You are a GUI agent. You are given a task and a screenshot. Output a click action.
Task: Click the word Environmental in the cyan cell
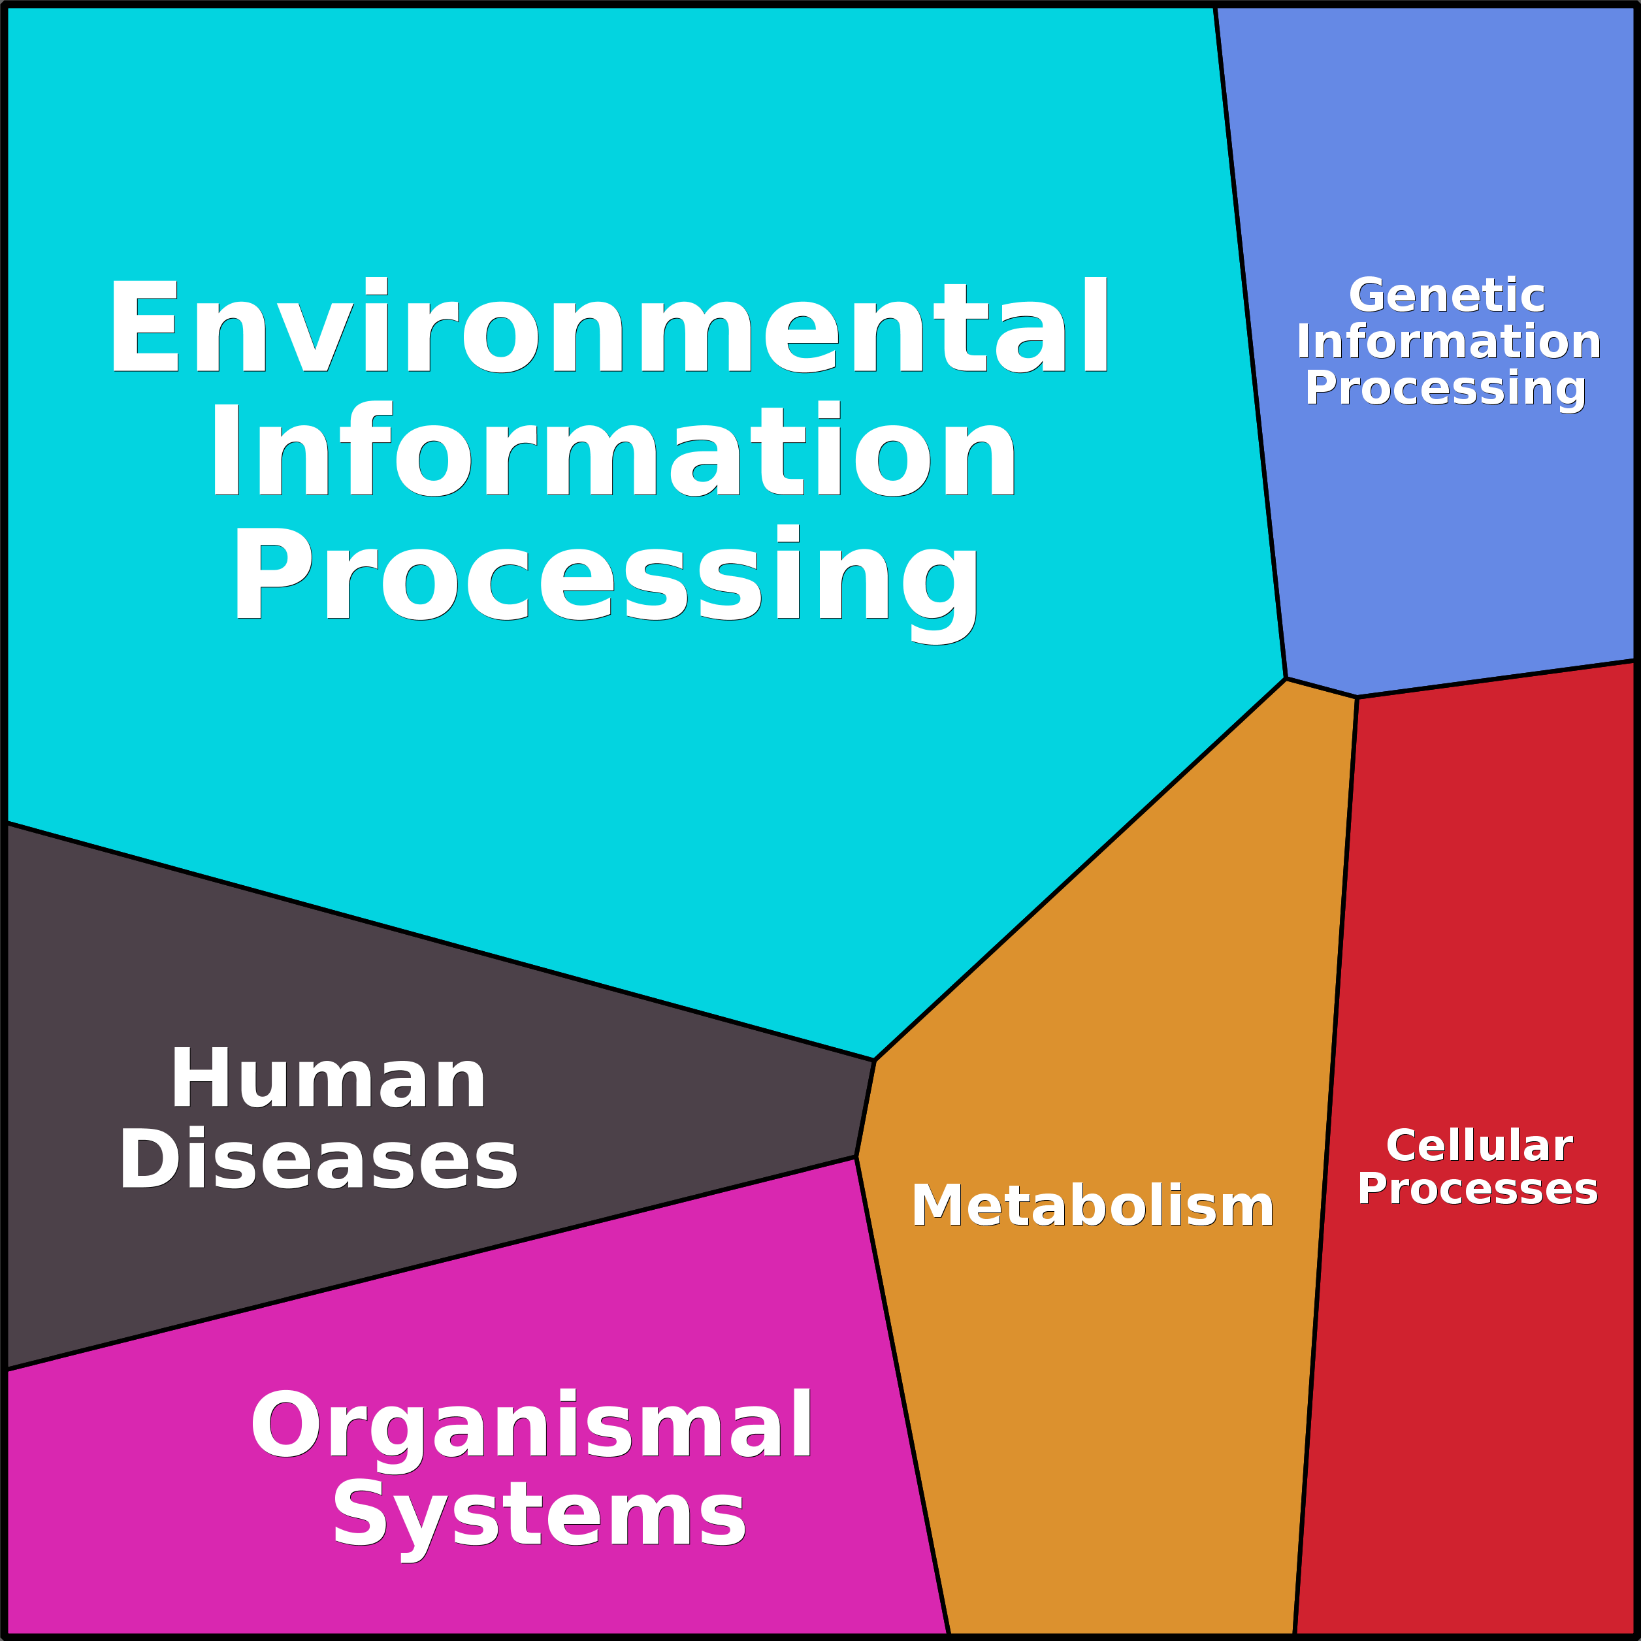[x=608, y=326]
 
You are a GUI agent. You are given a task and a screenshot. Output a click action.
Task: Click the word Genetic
[x=1446, y=295]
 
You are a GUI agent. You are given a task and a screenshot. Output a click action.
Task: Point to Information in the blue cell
[x=1448, y=342]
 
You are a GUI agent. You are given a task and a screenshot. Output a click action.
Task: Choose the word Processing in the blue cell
[x=1445, y=389]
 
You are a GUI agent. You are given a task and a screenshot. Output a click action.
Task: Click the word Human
[x=328, y=1079]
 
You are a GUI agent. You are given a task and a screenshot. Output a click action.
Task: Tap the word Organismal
[x=531, y=1425]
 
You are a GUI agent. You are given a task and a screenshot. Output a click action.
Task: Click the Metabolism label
[x=1092, y=1205]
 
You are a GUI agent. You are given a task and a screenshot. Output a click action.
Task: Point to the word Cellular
[x=1479, y=1146]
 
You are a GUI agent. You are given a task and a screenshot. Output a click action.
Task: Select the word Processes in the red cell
[x=1477, y=1189]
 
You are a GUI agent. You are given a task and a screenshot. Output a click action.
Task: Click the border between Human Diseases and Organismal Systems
[x=425, y=1264]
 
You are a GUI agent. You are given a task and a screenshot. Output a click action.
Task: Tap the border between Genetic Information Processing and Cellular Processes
[x=1495, y=679]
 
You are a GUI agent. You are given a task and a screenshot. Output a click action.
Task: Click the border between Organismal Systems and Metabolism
[x=902, y=1393]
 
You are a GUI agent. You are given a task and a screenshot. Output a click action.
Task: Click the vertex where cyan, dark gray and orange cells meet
[x=874, y=1060]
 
